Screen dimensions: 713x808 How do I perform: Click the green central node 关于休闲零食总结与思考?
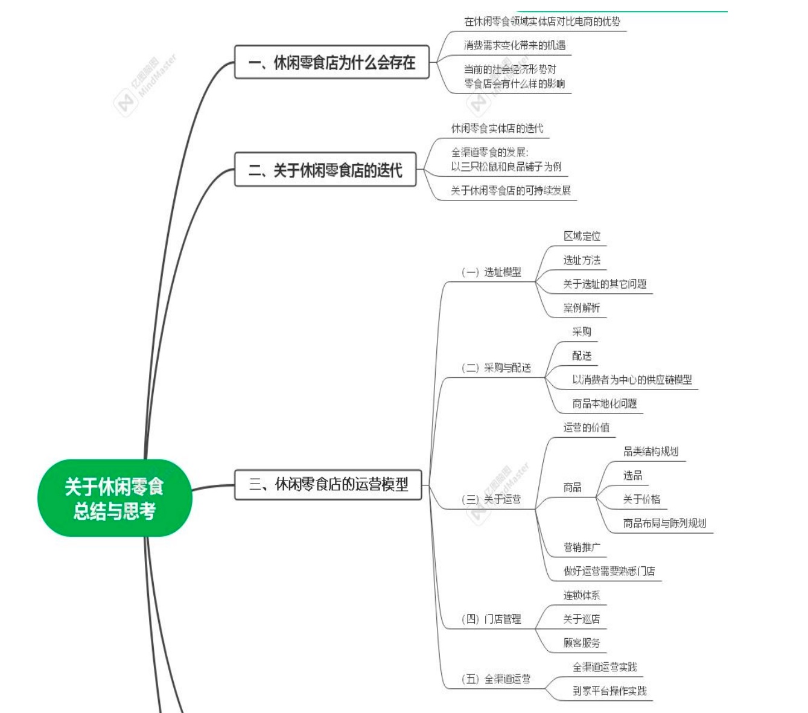114,498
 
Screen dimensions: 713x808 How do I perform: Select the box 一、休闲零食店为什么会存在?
331,62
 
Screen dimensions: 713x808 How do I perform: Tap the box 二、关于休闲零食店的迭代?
325,170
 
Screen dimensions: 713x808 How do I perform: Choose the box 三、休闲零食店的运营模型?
328,484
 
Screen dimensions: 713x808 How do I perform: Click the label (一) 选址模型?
491,272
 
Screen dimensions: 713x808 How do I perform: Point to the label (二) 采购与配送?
496,368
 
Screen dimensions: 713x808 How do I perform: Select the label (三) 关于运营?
491,499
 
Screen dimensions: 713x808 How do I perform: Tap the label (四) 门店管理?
491,619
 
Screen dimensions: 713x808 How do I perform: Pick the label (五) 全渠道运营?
496,679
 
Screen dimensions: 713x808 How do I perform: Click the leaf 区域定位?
582,236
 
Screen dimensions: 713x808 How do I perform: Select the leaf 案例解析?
582,308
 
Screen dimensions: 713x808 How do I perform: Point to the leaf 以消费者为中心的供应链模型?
632,380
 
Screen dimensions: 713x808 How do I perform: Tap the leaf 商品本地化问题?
604,404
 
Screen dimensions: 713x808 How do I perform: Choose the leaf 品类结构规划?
651,452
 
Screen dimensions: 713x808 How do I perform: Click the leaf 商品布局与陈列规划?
664,523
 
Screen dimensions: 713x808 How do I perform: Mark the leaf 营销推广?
582,548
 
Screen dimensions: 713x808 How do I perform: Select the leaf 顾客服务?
582,643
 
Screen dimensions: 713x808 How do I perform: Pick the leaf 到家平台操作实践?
609,691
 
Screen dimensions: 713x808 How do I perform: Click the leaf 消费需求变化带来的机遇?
515,45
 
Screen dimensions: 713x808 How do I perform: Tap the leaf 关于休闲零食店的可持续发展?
511,191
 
